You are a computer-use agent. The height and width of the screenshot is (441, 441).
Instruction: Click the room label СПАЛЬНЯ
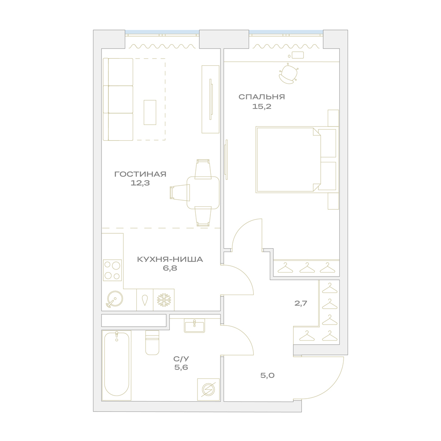(x=262, y=97)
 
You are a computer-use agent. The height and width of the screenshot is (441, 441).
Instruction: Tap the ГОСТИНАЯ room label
(x=140, y=174)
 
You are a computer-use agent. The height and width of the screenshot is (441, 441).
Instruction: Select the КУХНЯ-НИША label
(x=170, y=259)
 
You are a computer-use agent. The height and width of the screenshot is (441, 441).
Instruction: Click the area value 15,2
(x=262, y=107)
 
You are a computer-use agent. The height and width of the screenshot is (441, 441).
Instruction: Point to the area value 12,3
(x=140, y=183)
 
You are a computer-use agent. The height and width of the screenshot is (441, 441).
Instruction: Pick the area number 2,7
(x=301, y=303)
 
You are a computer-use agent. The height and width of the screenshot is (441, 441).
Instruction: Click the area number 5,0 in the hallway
(x=267, y=375)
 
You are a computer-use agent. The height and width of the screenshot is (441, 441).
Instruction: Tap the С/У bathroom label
(x=181, y=359)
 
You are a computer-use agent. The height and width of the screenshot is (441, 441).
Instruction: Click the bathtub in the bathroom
(x=116, y=365)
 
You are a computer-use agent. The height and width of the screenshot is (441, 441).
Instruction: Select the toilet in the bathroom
(x=152, y=342)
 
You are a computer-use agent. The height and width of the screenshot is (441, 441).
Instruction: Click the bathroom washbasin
(x=194, y=326)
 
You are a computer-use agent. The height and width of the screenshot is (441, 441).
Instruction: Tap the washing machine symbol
(x=209, y=389)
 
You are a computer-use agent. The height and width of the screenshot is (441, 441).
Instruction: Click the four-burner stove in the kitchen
(x=112, y=270)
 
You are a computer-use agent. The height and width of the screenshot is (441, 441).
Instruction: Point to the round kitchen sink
(x=115, y=299)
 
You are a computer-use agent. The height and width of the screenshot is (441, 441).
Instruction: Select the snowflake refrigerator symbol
(x=164, y=300)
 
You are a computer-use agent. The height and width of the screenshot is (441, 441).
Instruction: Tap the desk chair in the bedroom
(x=288, y=74)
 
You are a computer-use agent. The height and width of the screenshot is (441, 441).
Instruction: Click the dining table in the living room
(x=203, y=193)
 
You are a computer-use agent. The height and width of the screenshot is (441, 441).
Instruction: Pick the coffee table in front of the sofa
(x=150, y=112)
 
